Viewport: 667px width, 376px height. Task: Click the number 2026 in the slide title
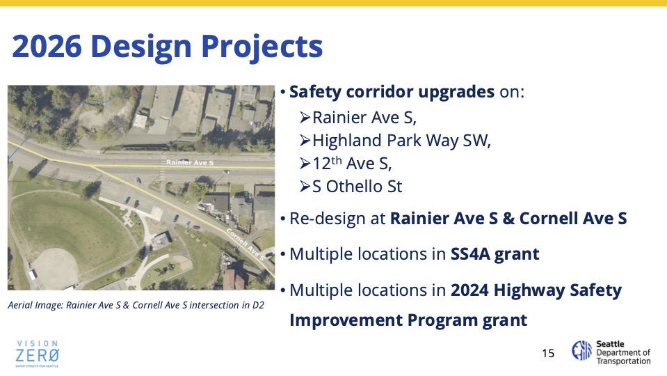pos(47,46)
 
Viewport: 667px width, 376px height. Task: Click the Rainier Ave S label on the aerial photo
pos(190,162)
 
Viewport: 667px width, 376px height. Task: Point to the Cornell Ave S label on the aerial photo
pos(245,244)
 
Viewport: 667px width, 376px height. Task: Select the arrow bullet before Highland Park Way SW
pos(305,140)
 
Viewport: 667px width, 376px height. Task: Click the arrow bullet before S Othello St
pos(305,186)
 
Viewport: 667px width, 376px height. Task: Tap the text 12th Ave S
pos(352,163)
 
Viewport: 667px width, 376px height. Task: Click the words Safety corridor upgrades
pos(392,92)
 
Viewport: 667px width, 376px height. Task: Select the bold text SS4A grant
pos(495,254)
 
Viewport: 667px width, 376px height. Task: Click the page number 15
pos(548,353)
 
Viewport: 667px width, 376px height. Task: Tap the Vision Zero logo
pos(37,354)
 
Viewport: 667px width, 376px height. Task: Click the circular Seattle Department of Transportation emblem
pos(581,350)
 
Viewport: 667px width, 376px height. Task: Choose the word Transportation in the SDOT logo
pos(623,361)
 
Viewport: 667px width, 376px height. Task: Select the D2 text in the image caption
pos(258,305)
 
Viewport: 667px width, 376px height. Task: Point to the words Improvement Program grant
pos(408,320)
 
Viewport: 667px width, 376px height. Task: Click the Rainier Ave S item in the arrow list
pos(364,118)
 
